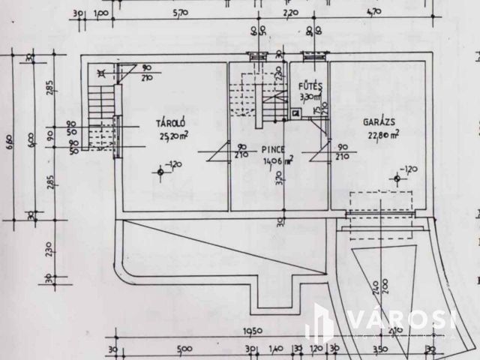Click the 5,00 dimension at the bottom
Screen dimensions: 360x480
(x=184, y=349)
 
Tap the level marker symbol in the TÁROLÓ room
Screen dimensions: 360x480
(x=160, y=172)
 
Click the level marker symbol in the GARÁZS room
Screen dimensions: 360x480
(x=396, y=177)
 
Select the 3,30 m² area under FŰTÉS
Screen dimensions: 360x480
(x=309, y=97)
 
